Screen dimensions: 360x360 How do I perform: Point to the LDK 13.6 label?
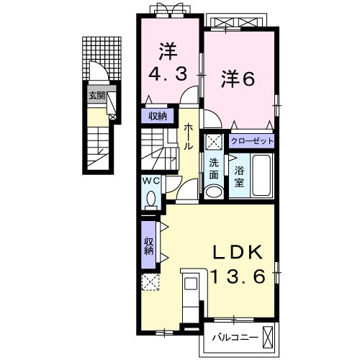click(242, 263)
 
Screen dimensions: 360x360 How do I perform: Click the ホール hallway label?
click(187, 136)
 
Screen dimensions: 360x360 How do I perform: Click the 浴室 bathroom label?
click(238, 177)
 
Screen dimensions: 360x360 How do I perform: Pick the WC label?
click(150, 181)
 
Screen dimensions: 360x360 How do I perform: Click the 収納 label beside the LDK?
click(148, 246)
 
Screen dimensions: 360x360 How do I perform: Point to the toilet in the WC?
click(150, 197)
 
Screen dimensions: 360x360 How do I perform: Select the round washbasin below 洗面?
click(214, 192)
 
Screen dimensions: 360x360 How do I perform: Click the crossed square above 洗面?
click(214, 141)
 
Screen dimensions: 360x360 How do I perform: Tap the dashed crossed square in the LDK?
click(150, 282)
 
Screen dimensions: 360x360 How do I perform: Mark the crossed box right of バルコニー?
click(269, 336)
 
